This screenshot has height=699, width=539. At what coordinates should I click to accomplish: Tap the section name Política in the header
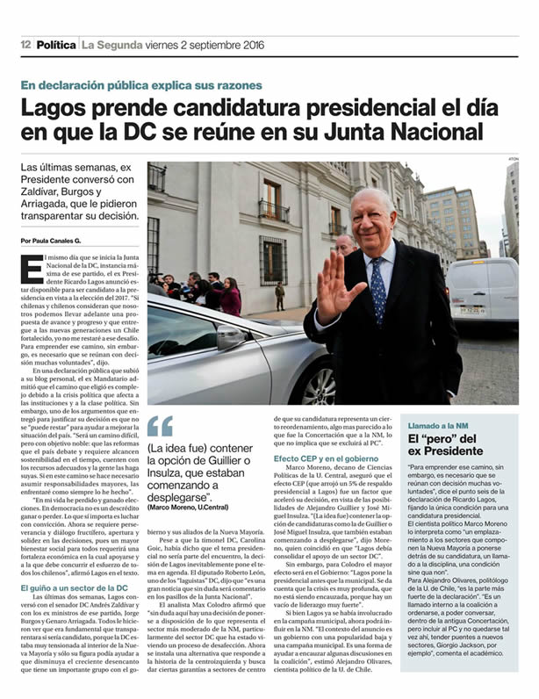click(56, 45)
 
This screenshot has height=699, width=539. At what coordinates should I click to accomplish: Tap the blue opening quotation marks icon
click(160, 427)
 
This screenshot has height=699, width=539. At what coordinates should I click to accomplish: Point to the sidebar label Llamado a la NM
click(443, 425)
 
